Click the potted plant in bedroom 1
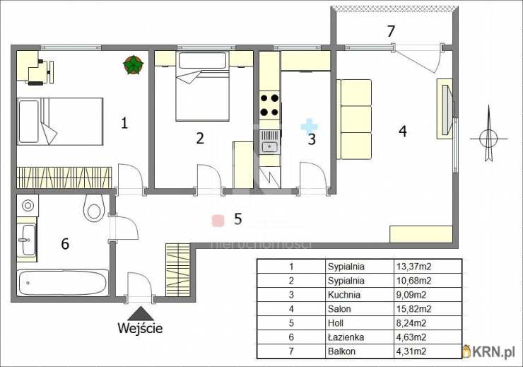[x=133, y=65]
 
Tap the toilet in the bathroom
[x=94, y=207]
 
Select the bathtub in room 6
[x=63, y=283]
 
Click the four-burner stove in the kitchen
[x=269, y=105]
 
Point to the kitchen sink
[x=269, y=141]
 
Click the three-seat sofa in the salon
[x=354, y=119]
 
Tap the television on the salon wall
[x=447, y=110]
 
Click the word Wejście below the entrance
[x=140, y=328]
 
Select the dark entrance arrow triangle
[x=141, y=314]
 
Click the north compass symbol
[x=489, y=134]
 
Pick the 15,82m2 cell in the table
[x=413, y=309]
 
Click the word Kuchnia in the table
[x=344, y=295]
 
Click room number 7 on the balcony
[x=391, y=31]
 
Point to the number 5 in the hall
[x=237, y=219]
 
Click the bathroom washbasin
[x=27, y=240]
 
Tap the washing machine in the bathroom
[x=28, y=206]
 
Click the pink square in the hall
[x=218, y=221]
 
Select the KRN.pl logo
[x=488, y=351]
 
